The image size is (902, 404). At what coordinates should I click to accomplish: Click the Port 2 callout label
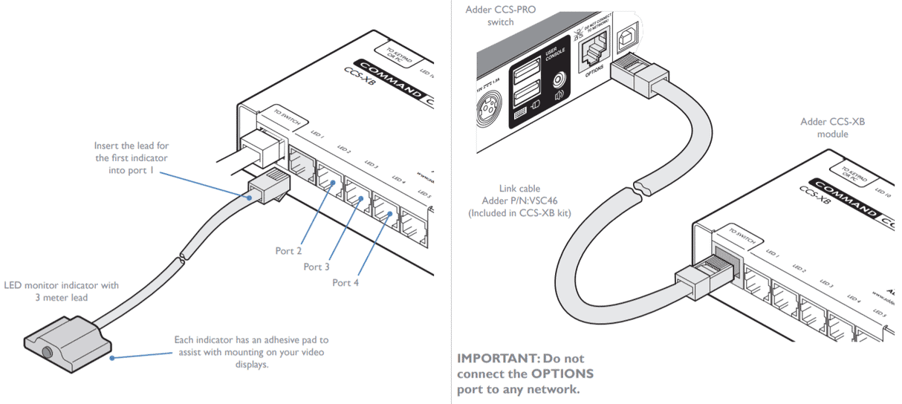coord(289,251)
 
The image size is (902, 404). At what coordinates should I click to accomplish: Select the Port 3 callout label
coord(316,267)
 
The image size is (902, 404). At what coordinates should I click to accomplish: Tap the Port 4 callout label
coord(345,282)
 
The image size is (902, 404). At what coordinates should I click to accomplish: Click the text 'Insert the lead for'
coord(132,146)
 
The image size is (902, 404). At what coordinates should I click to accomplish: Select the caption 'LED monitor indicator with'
coord(61,285)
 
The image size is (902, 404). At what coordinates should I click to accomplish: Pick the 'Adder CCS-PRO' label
coord(500,10)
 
